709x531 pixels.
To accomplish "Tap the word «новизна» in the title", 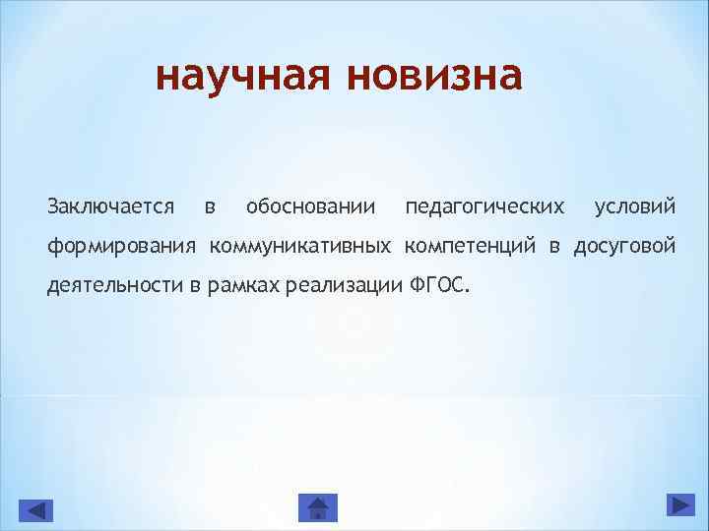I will coord(434,75).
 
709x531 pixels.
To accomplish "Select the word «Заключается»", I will coord(111,206).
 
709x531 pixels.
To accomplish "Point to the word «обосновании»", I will coord(310,206).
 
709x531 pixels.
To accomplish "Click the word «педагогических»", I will coord(484,206).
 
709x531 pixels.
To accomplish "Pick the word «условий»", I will coord(635,206).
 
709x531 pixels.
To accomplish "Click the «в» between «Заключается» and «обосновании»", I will coord(209,206).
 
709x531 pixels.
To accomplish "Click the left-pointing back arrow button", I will coord(36,508).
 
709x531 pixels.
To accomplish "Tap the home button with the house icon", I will coord(317,507).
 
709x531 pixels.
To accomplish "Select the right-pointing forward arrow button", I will coord(680,504).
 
